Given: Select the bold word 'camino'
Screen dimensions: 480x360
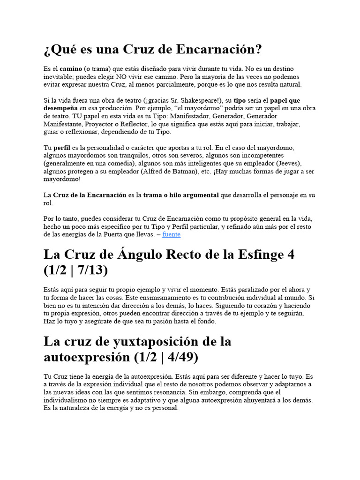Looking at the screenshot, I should pos(70,68).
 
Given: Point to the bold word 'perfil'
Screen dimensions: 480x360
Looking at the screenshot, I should pos(62,147).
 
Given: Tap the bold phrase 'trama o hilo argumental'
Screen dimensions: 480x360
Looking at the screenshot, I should pos(181,195).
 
